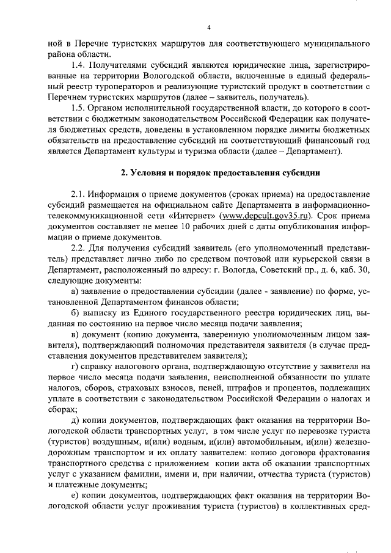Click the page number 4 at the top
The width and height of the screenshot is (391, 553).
coord(208,27)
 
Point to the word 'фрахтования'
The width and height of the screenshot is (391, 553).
coord(343,452)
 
